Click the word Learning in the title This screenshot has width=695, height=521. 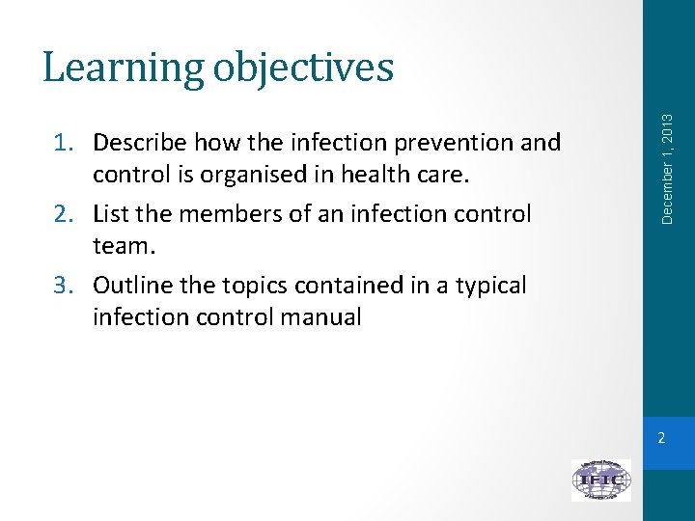pyautogui.click(x=123, y=68)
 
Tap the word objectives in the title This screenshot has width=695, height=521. pyautogui.click(x=303, y=68)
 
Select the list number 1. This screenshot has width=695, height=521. pyautogui.click(x=64, y=143)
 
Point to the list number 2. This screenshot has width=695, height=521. pyautogui.click(x=64, y=214)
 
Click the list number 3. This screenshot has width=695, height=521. pyautogui.click(x=64, y=286)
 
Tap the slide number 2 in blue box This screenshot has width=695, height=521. pyautogui.click(x=661, y=439)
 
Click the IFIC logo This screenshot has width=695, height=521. pyautogui.click(x=600, y=480)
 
